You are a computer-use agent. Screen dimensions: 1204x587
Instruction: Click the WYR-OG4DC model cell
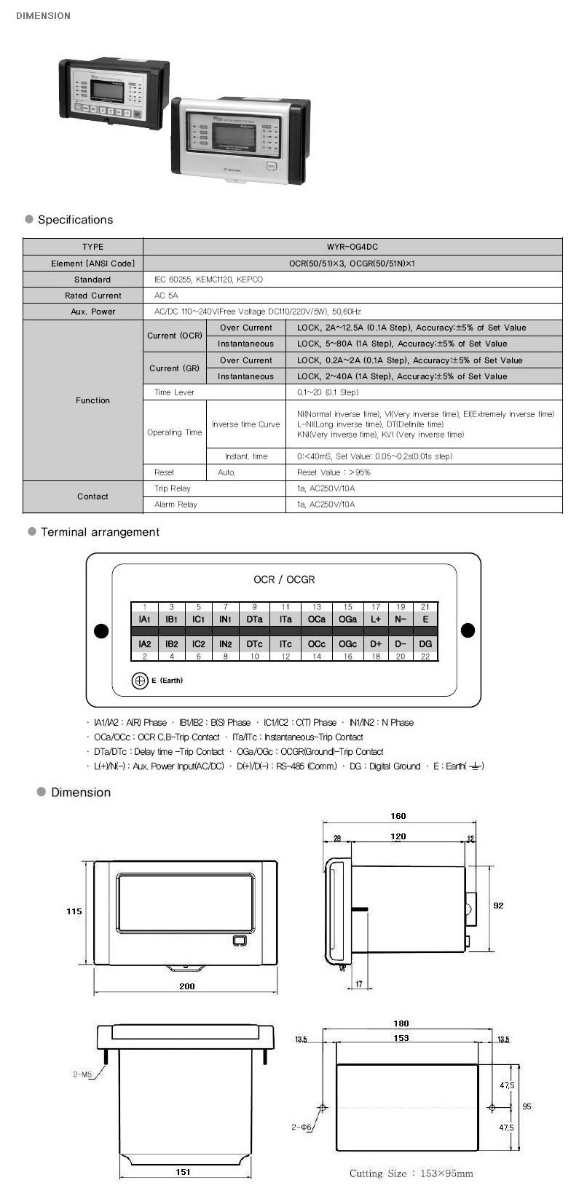[x=352, y=247]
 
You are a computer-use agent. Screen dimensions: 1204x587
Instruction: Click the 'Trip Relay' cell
[x=173, y=488]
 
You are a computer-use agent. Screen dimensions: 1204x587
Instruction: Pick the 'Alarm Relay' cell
[x=176, y=504]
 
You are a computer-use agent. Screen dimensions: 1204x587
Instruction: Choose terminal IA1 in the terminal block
[x=145, y=619]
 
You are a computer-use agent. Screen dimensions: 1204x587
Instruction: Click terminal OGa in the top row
[x=348, y=619]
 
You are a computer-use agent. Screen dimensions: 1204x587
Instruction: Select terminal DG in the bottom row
[x=425, y=643]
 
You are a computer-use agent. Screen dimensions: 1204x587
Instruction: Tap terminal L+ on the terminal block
[x=376, y=619]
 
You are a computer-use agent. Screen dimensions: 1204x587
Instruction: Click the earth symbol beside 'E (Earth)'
[x=139, y=681]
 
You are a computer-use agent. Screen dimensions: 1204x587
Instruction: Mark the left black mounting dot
[x=101, y=630]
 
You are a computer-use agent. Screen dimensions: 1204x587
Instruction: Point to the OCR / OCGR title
[x=284, y=579]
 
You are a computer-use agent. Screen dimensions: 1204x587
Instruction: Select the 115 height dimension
[x=74, y=911]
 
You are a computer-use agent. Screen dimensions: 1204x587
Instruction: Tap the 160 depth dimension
[x=398, y=816]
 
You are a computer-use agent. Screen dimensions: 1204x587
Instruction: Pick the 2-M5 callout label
[x=82, y=1074]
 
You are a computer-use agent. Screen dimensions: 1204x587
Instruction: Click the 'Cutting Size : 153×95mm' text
[x=411, y=1173]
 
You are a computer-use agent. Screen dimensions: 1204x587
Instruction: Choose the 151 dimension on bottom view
[x=184, y=1172]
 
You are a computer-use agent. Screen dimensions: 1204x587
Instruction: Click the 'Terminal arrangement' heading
[x=100, y=532]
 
